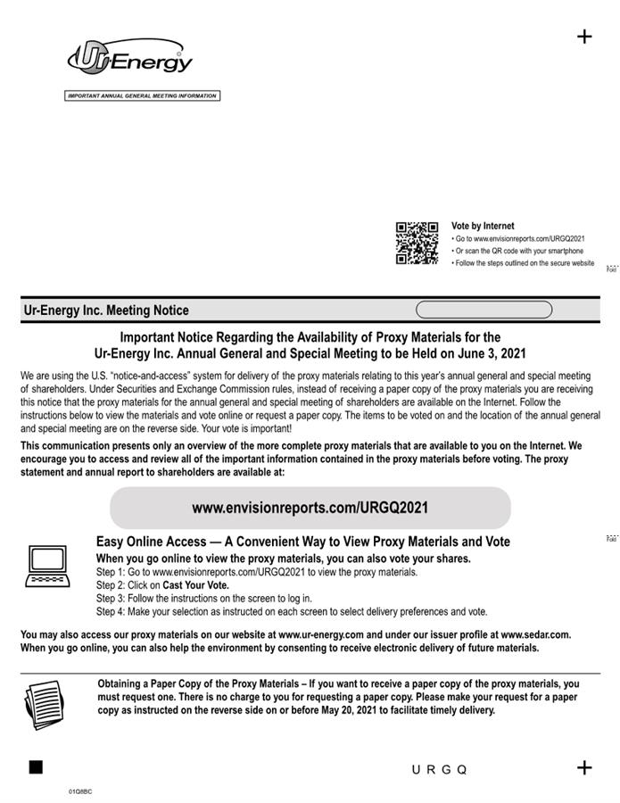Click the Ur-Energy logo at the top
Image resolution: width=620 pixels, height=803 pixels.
130,58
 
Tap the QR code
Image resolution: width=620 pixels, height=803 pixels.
417,243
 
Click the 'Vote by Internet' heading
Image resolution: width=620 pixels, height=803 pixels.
483,227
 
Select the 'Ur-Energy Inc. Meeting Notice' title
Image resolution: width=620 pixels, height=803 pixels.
106,310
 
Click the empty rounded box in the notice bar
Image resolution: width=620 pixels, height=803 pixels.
484,310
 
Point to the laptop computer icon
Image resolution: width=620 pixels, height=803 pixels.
47,566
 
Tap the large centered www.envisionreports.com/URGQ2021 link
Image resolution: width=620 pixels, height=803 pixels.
310,508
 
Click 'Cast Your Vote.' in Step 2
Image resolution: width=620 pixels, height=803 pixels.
195,585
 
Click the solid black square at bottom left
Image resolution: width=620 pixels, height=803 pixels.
36,767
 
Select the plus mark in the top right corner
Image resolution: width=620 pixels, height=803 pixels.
584,37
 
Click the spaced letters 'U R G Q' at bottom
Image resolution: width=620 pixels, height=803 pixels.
439,769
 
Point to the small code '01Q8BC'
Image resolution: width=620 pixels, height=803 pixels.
80,791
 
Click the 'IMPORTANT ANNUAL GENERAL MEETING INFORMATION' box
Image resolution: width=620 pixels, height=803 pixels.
143,95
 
